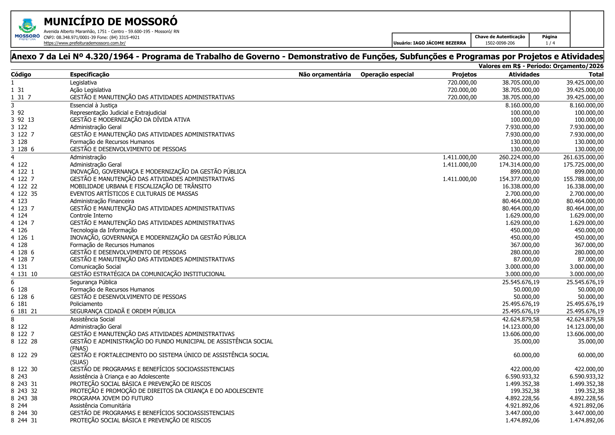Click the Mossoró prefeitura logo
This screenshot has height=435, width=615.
(x=27, y=29)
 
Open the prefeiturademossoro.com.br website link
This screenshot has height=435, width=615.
(x=84, y=43)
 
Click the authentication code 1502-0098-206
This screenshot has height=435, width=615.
(x=500, y=43)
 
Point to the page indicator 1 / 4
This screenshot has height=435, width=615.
(x=550, y=43)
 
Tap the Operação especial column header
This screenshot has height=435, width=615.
(x=387, y=74)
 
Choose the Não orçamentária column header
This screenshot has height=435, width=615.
(x=324, y=74)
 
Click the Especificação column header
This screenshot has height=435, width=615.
(x=90, y=74)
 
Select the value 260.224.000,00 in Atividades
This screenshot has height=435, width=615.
(x=519, y=157)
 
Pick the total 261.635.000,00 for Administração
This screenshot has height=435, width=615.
(x=583, y=157)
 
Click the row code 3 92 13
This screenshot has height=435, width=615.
(x=22, y=120)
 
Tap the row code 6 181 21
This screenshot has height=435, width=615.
(x=24, y=311)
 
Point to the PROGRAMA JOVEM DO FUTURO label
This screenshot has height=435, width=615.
(x=111, y=398)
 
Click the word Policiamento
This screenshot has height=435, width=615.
(x=86, y=304)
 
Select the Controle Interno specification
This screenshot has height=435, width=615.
(x=91, y=215)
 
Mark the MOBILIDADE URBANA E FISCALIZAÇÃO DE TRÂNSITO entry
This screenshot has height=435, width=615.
(x=141, y=186)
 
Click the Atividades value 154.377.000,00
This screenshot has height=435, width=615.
(x=519, y=179)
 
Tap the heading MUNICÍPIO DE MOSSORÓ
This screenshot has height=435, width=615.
(x=111, y=22)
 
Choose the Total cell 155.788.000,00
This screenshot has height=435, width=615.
(x=583, y=179)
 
